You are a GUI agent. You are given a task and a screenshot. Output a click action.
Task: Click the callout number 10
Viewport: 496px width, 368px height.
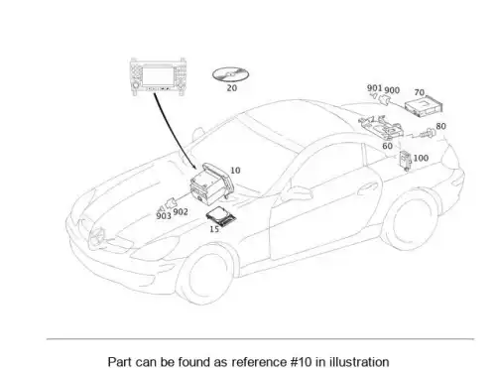pos(235,171)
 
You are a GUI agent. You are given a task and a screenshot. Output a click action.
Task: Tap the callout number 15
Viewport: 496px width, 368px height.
pos(214,229)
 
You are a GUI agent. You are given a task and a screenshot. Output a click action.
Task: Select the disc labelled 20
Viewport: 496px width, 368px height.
pos(230,75)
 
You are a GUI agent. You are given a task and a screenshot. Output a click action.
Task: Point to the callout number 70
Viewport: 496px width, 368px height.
pos(420,92)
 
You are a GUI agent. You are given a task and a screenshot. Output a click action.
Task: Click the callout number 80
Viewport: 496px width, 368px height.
pos(440,126)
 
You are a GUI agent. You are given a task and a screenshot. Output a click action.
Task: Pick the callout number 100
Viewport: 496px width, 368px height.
pos(421,158)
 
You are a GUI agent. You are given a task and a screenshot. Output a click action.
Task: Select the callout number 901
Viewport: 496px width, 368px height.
pos(374,88)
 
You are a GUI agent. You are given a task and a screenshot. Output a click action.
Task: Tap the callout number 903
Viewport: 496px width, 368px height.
pos(164,216)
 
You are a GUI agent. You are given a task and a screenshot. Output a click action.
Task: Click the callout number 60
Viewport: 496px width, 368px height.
pos(387,146)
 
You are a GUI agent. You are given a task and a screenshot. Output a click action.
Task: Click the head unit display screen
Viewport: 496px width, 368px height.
pos(157,76)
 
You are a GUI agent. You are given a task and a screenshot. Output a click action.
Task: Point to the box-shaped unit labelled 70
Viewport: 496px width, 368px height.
pos(424,107)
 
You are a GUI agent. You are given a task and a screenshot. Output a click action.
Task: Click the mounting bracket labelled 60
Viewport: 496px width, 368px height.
pos(381,127)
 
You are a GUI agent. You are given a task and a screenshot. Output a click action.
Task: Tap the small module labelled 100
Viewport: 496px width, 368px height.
pos(406,161)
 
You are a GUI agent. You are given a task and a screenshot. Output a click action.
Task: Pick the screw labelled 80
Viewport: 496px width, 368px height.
pos(428,133)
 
